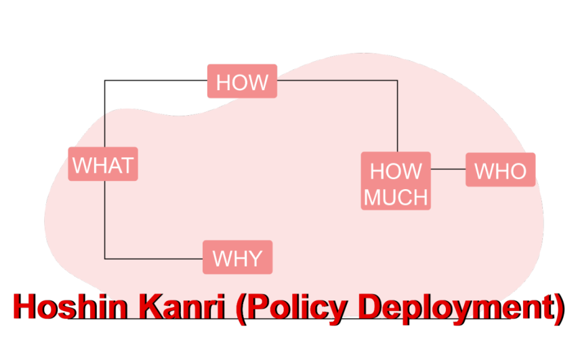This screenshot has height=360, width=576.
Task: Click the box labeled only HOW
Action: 242,81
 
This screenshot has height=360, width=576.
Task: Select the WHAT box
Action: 103,164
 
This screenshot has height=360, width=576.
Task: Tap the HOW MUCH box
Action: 396,181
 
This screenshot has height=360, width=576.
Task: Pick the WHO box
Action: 500,169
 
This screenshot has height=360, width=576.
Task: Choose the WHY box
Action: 237,258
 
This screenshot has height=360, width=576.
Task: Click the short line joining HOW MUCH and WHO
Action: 448,169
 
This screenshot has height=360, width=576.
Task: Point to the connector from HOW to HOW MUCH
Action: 339,80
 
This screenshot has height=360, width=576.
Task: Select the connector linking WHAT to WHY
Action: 105,217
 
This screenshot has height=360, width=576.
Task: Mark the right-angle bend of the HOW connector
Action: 397,80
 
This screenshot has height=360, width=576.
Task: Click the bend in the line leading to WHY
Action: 105,258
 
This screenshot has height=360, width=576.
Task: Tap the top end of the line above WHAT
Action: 105,113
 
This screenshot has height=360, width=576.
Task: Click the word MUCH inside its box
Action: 396,197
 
